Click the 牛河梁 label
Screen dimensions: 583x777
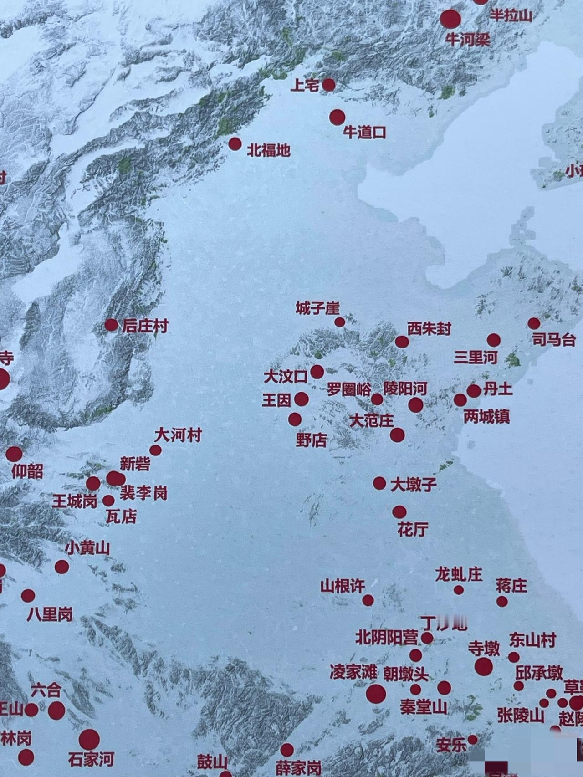(x=468, y=40)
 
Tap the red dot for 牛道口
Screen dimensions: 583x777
(x=337, y=117)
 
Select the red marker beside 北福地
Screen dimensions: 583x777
(x=235, y=144)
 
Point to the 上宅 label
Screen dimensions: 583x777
(x=304, y=85)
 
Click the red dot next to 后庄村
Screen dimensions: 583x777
(x=111, y=325)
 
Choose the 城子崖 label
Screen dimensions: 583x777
(x=317, y=308)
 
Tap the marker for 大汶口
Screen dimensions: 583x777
(x=317, y=372)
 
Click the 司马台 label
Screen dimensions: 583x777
(x=554, y=340)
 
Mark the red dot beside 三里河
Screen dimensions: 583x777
(x=493, y=340)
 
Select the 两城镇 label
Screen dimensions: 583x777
(x=486, y=416)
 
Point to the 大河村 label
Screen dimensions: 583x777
(x=178, y=435)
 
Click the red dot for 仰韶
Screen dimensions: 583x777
(x=14, y=454)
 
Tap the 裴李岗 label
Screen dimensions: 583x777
(x=143, y=493)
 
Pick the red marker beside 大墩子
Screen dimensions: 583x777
(x=379, y=483)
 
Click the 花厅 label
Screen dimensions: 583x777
(x=413, y=529)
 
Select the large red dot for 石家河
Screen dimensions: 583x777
(x=89, y=740)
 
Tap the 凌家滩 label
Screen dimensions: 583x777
(x=353, y=672)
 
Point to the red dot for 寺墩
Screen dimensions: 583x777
(x=483, y=666)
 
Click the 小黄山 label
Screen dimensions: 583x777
(x=87, y=548)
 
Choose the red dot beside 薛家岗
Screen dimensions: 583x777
(x=286, y=750)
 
